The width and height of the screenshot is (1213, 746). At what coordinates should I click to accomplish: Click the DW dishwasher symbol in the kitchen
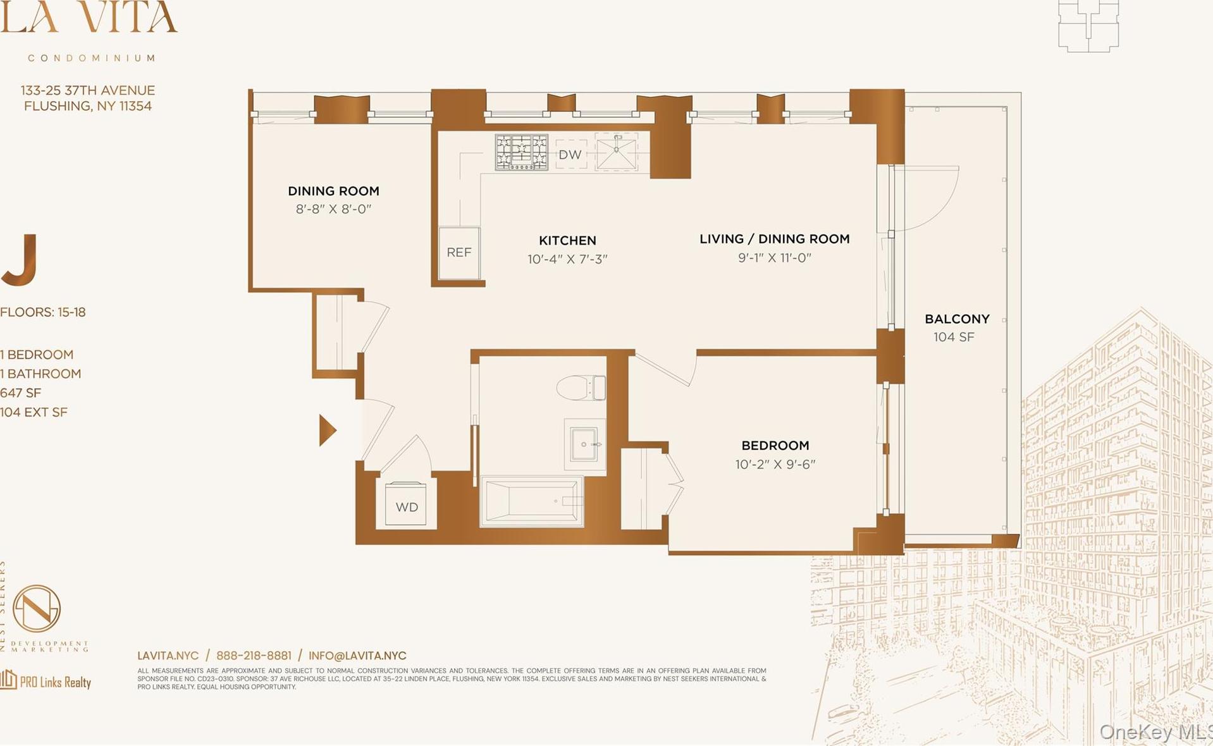click(570, 154)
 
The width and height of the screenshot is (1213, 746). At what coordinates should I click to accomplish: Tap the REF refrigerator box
click(459, 252)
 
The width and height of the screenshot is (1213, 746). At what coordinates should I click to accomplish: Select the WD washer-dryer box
click(407, 506)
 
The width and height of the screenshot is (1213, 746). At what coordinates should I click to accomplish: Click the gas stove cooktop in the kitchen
click(521, 152)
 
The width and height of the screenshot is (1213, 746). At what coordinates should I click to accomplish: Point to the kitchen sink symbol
click(616, 152)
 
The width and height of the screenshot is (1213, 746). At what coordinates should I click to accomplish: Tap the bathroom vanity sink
click(584, 444)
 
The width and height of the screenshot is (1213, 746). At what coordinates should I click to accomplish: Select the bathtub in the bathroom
click(532, 501)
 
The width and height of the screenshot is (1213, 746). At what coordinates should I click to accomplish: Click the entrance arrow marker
click(326, 431)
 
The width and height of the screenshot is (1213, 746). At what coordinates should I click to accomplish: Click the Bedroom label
click(775, 446)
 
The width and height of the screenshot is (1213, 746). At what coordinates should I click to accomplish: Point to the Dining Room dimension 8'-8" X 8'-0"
click(333, 209)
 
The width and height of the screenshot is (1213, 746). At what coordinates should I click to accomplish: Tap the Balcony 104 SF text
click(954, 337)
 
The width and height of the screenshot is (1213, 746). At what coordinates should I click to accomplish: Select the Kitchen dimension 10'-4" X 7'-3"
click(567, 259)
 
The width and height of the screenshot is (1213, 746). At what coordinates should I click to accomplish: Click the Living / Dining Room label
click(774, 239)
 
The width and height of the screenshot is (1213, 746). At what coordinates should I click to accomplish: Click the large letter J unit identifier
click(20, 260)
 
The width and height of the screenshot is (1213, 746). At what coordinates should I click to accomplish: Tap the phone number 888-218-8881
click(254, 656)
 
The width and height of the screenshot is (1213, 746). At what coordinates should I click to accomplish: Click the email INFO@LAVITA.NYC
click(357, 656)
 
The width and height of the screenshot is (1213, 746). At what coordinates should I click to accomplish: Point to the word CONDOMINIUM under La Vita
click(92, 58)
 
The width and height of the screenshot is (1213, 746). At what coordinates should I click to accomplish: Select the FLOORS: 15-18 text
click(43, 312)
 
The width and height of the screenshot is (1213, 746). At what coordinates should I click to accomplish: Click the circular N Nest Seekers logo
click(37, 608)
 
